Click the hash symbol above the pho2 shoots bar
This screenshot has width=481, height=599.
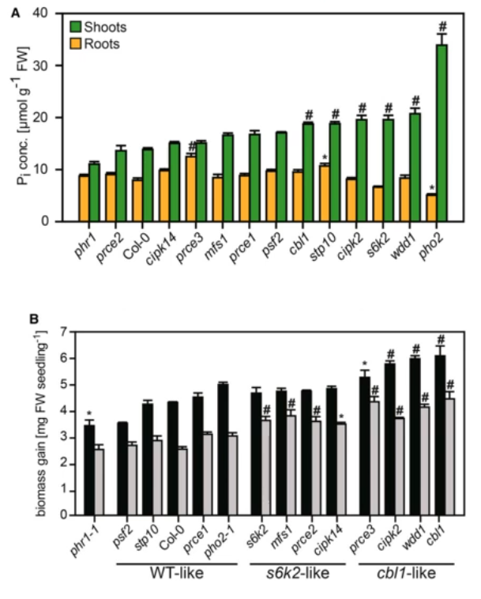click(x=442, y=24)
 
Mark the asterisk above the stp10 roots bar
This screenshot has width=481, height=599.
click(x=325, y=158)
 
